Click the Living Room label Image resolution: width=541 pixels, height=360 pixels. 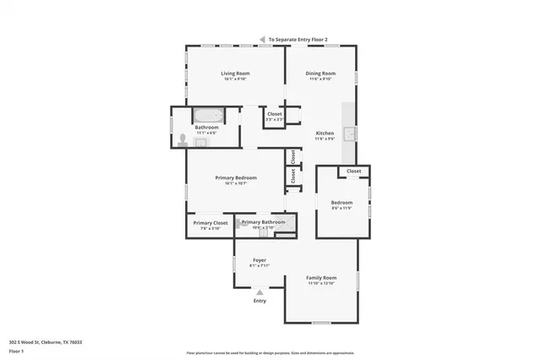coord(235,74)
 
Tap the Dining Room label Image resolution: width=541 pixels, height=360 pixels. coord(320,74)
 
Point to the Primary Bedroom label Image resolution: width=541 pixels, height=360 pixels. coord(236,177)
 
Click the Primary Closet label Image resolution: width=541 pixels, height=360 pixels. coord(210,223)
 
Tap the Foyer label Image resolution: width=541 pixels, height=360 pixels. coord(260,260)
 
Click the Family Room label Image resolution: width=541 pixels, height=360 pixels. coord(321,278)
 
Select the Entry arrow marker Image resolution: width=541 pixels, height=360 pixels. coord(260,292)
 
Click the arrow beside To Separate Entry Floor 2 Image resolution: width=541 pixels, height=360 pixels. coord(263,39)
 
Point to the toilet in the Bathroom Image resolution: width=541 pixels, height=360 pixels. coord(183,138)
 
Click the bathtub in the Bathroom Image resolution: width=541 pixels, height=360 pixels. coord(206,116)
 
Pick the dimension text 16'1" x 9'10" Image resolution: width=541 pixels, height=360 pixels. coord(235,79)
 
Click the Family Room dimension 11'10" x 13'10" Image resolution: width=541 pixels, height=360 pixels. coord(321,284)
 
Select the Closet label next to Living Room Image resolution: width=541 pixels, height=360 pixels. coord(275,114)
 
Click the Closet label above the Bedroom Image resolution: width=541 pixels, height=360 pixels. coord(353,171)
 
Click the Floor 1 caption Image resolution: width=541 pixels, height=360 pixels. coord(17,350)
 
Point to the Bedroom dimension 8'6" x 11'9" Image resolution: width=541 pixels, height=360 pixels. coord(342,209)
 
